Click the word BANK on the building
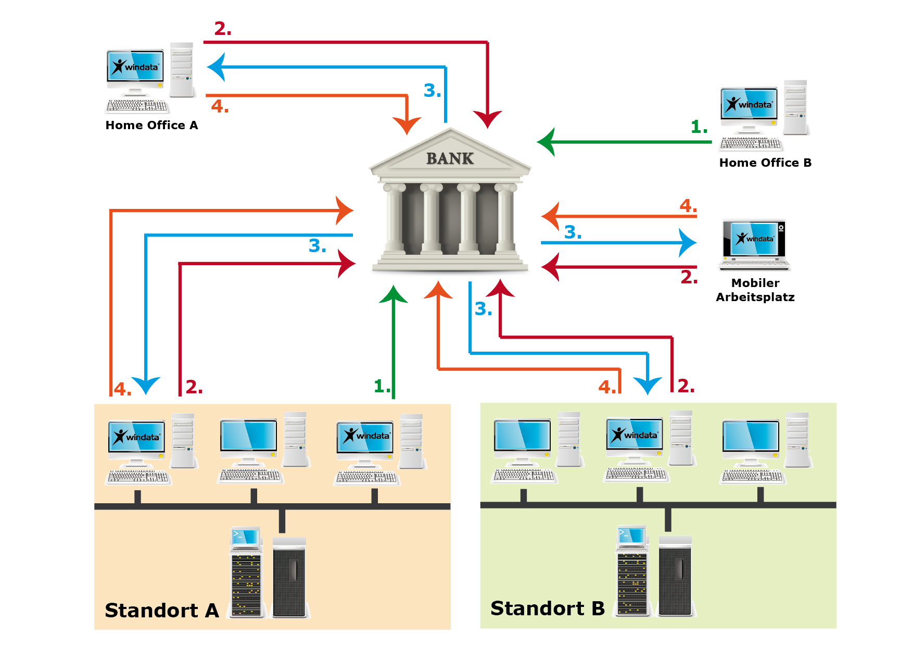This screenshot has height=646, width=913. tap(450, 158)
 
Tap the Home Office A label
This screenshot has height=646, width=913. tap(151, 125)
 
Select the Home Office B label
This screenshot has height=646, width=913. tap(765, 163)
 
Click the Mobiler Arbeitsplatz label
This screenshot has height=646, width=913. tap(755, 290)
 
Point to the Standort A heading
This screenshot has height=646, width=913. tap(162, 610)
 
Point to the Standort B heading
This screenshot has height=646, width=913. tap(548, 608)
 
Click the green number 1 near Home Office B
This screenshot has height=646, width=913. tap(699, 127)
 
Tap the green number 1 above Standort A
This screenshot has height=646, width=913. tap(382, 386)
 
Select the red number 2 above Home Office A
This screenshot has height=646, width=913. tap(223, 29)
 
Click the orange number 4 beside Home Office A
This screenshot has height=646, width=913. tap(220, 106)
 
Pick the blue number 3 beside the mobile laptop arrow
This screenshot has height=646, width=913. tap(573, 232)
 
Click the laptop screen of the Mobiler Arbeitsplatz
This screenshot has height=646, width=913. tap(754, 239)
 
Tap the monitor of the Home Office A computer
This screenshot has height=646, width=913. tap(135, 66)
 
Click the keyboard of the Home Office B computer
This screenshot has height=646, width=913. tap(751, 144)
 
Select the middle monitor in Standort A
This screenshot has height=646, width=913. tap(249, 436)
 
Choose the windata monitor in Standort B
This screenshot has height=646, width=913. tap(635, 434)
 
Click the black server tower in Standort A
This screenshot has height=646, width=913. tap(289, 577)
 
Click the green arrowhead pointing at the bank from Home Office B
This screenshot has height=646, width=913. tap(546, 142)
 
